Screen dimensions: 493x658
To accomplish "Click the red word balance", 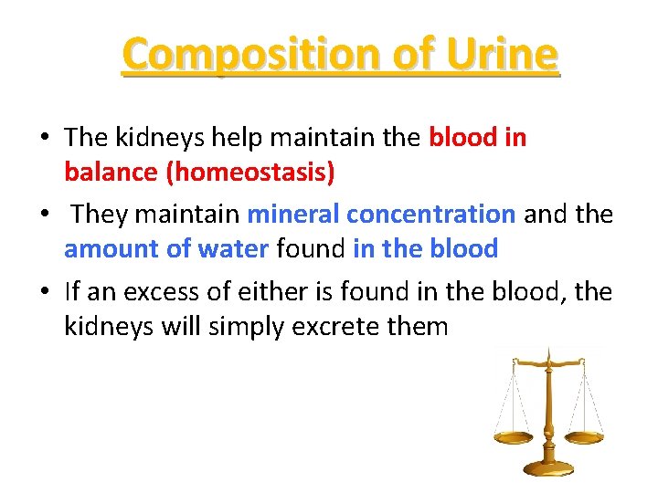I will click(x=106, y=172).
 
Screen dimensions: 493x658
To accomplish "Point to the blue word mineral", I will click(x=292, y=215).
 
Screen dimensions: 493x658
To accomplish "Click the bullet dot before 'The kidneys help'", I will click(x=45, y=139).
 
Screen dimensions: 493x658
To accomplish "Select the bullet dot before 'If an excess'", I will click(x=45, y=292).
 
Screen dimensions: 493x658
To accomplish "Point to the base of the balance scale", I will click(x=548, y=467).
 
